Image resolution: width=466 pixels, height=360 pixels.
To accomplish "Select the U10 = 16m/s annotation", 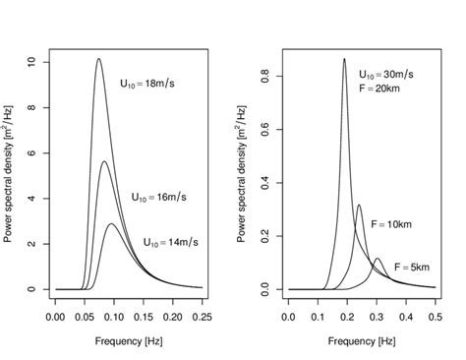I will tap(158, 197).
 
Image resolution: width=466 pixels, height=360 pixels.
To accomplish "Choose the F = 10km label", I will tap(391, 225).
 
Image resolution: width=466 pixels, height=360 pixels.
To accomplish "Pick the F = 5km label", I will tap(412, 267).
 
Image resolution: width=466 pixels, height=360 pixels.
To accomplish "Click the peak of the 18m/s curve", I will tap(98, 59).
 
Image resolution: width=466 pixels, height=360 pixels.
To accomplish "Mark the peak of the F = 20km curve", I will tap(344, 59).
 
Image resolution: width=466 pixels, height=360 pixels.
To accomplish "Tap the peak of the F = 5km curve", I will tap(378, 259).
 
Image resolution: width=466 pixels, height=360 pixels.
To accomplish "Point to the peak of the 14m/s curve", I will tap(112, 224).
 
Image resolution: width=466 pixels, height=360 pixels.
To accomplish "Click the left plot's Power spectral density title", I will tap(12, 175).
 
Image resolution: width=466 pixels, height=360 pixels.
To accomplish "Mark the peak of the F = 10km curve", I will tap(359, 206).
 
